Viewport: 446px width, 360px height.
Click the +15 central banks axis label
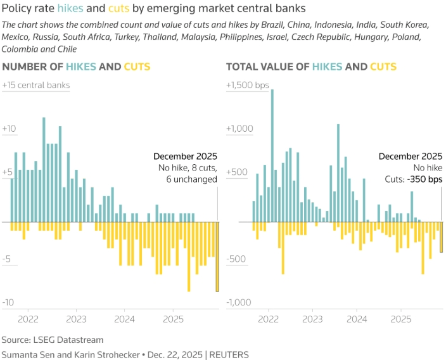pos(36,85)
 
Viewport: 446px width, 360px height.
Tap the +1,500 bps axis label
pos(248,85)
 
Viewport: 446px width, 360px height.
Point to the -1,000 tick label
pos(239,302)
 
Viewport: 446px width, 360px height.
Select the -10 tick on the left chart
pos(8,302)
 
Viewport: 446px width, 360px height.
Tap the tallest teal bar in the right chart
pos(272,155)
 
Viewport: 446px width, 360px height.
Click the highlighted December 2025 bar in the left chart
pos(217,256)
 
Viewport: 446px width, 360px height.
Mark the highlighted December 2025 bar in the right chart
pos(442,237)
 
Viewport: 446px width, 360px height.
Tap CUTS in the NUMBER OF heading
pos(137,67)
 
